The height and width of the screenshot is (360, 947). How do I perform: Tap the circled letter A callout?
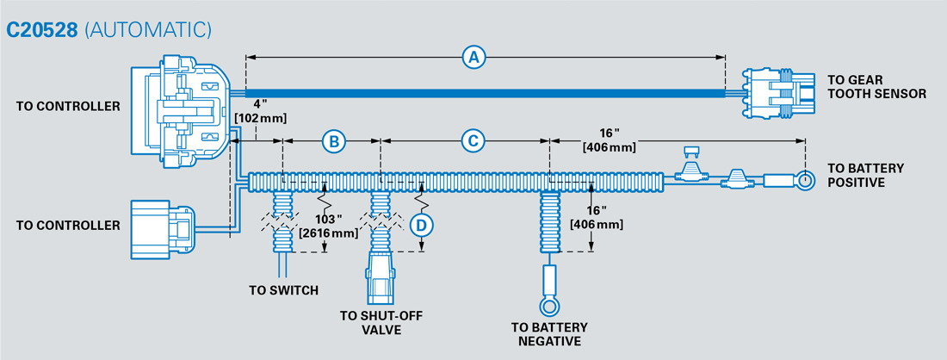coord(473,58)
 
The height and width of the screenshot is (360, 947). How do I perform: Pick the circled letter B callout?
coord(334,140)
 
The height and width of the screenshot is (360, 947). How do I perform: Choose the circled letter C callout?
coord(472,140)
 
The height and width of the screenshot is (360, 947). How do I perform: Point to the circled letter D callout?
coord(421,226)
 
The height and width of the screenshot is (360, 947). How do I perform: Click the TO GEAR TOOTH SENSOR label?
coord(876,86)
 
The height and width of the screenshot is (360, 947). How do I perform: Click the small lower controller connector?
coord(164,229)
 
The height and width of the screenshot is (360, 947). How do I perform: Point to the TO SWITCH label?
coord(283,291)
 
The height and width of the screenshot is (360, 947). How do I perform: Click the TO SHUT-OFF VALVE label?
coord(381,321)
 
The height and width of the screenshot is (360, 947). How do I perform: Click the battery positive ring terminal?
coord(803,182)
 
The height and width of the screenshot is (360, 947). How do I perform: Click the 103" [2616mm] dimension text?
coord(327,227)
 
